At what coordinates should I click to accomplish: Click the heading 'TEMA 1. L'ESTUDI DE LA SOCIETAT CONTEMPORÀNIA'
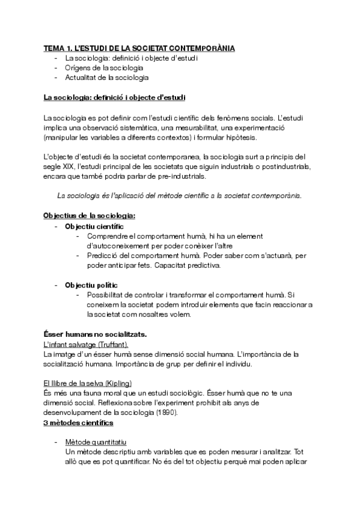pos(139,48)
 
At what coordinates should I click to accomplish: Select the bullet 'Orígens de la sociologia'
pos(104,68)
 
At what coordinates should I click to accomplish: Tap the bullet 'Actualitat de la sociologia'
pos(107,78)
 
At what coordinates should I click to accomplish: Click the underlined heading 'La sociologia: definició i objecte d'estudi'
pos(114,97)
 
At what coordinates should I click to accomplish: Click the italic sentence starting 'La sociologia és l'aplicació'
pos(179,195)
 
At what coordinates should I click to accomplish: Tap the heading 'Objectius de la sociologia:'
pos(90,215)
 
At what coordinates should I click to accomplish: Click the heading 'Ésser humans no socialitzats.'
pos(96,334)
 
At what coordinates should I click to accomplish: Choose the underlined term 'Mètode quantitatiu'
pos(96,442)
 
